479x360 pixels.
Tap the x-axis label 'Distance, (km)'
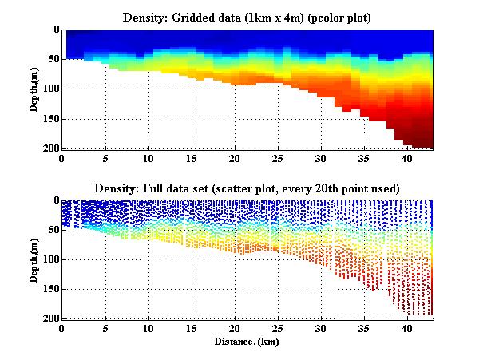[247, 341]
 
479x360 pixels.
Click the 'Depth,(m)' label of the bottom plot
[35, 259]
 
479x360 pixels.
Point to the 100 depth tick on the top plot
[49, 89]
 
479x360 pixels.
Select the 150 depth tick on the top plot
[49, 119]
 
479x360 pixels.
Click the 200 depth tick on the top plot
[49, 149]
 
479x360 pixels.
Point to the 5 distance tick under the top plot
[105, 158]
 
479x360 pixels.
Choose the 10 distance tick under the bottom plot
[148, 328]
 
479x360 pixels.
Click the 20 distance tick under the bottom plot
[235, 328]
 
